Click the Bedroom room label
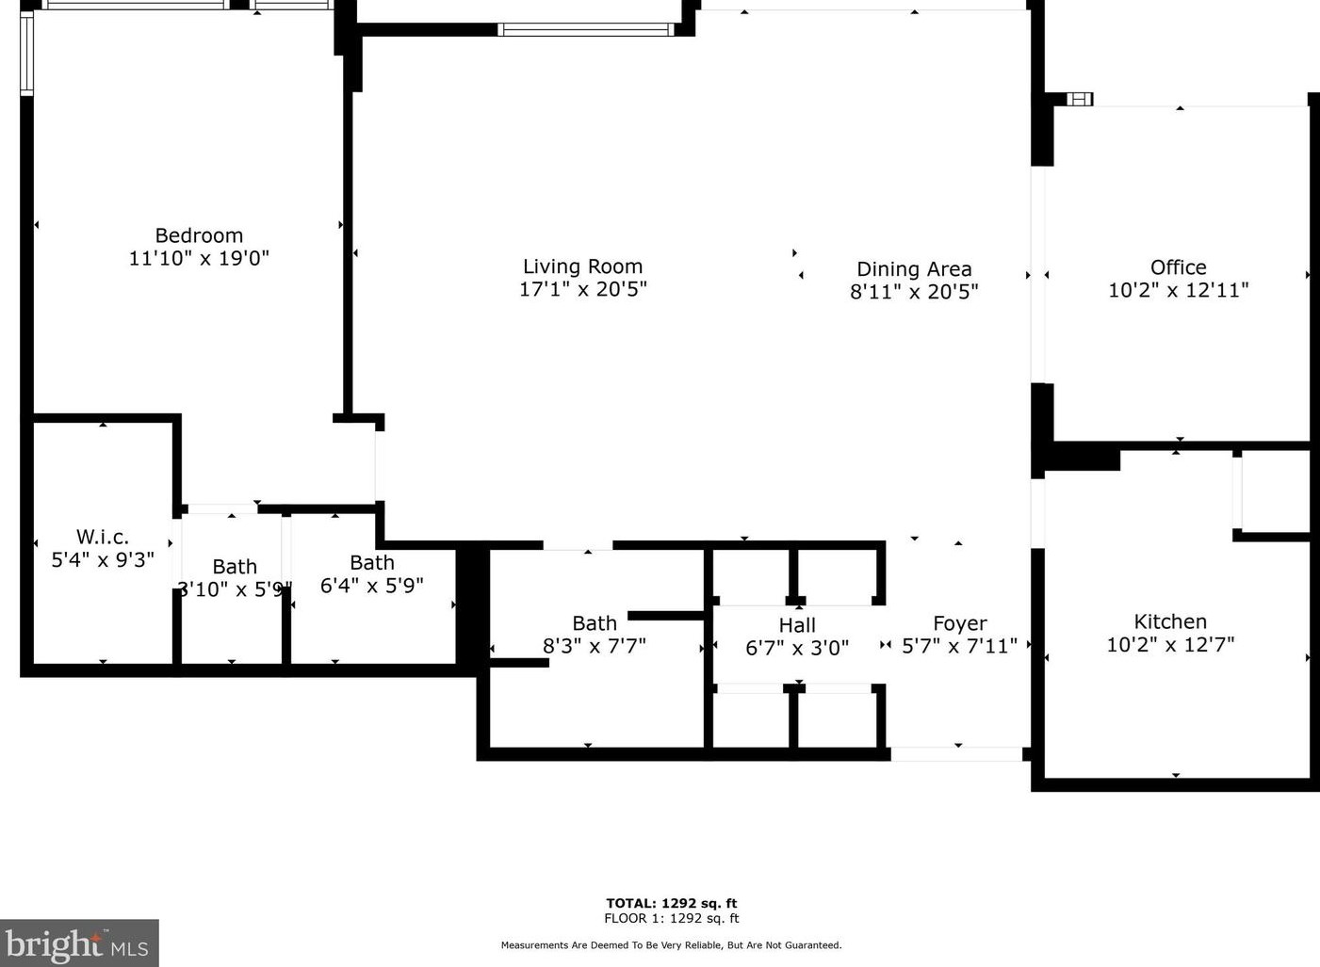tap(199, 235)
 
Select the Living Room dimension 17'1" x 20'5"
tap(582, 289)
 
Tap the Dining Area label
tap(913, 269)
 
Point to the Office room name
tap(1178, 267)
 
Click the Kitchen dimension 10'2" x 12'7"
tap(1169, 645)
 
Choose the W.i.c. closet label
tap(103, 537)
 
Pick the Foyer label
tap(959, 623)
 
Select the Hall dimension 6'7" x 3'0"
tap(796, 648)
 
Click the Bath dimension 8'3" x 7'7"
tap(594, 646)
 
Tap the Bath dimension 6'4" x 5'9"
tap(371, 586)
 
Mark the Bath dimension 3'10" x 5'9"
tap(234, 590)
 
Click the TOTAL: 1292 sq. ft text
tap(671, 903)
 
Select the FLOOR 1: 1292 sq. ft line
tap(671, 918)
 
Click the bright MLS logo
tap(78, 943)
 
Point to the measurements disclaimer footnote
tap(671, 945)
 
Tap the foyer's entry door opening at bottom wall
tap(956, 754)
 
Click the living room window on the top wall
tap(585, 29)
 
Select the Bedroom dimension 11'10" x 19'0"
tap(199, 258)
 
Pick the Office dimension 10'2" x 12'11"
tap(1178, 291)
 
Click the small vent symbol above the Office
tap(1080, 99)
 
